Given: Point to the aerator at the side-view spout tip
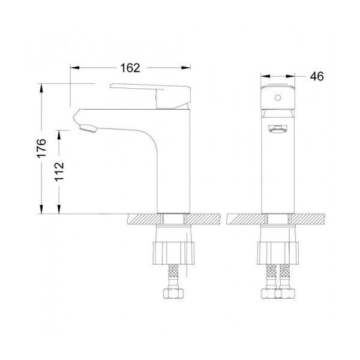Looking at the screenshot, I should point(88,127).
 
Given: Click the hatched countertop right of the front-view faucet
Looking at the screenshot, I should point(309,219).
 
